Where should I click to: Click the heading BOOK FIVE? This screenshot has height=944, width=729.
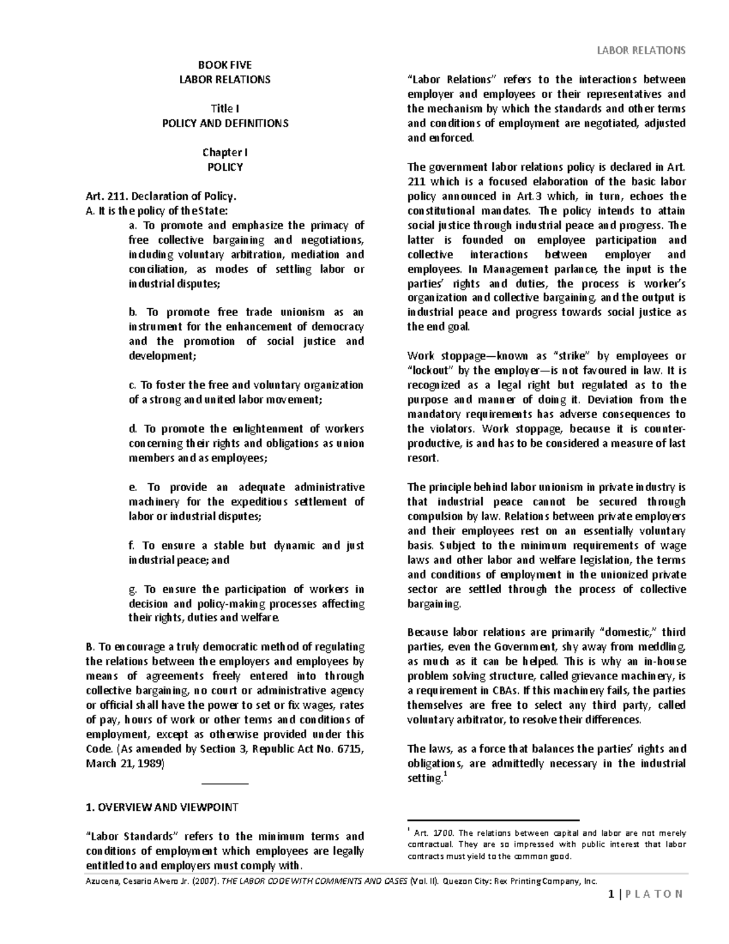tap(225, 65)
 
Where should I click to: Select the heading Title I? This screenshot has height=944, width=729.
tap(225, 109)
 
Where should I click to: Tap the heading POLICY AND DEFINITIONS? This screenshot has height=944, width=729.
tap(225, 123)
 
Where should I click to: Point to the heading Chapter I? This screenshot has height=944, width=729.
tap(225, 153)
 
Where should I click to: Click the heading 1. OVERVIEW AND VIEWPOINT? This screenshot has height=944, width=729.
tap(162, 807)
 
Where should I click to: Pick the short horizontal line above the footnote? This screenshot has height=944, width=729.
tap(493, 820)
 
